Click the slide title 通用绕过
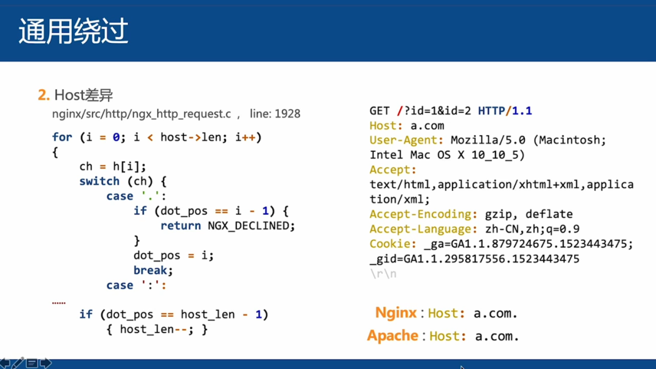point(73,32)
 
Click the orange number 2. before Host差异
point(43,95)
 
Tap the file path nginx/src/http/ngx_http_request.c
point(142,113)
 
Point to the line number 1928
point(287,113)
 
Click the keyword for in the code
point(62,137)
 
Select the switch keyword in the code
point(100,181)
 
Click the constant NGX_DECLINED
point(251,226)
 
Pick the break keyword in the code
point(153,270)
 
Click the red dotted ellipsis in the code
point(59,302)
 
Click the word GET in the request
point(380,111)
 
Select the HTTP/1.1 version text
point(505,111)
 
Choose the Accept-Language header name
point(423,229)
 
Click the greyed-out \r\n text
point(383,274)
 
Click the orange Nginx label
point(396,313)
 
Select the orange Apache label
point(392,336)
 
